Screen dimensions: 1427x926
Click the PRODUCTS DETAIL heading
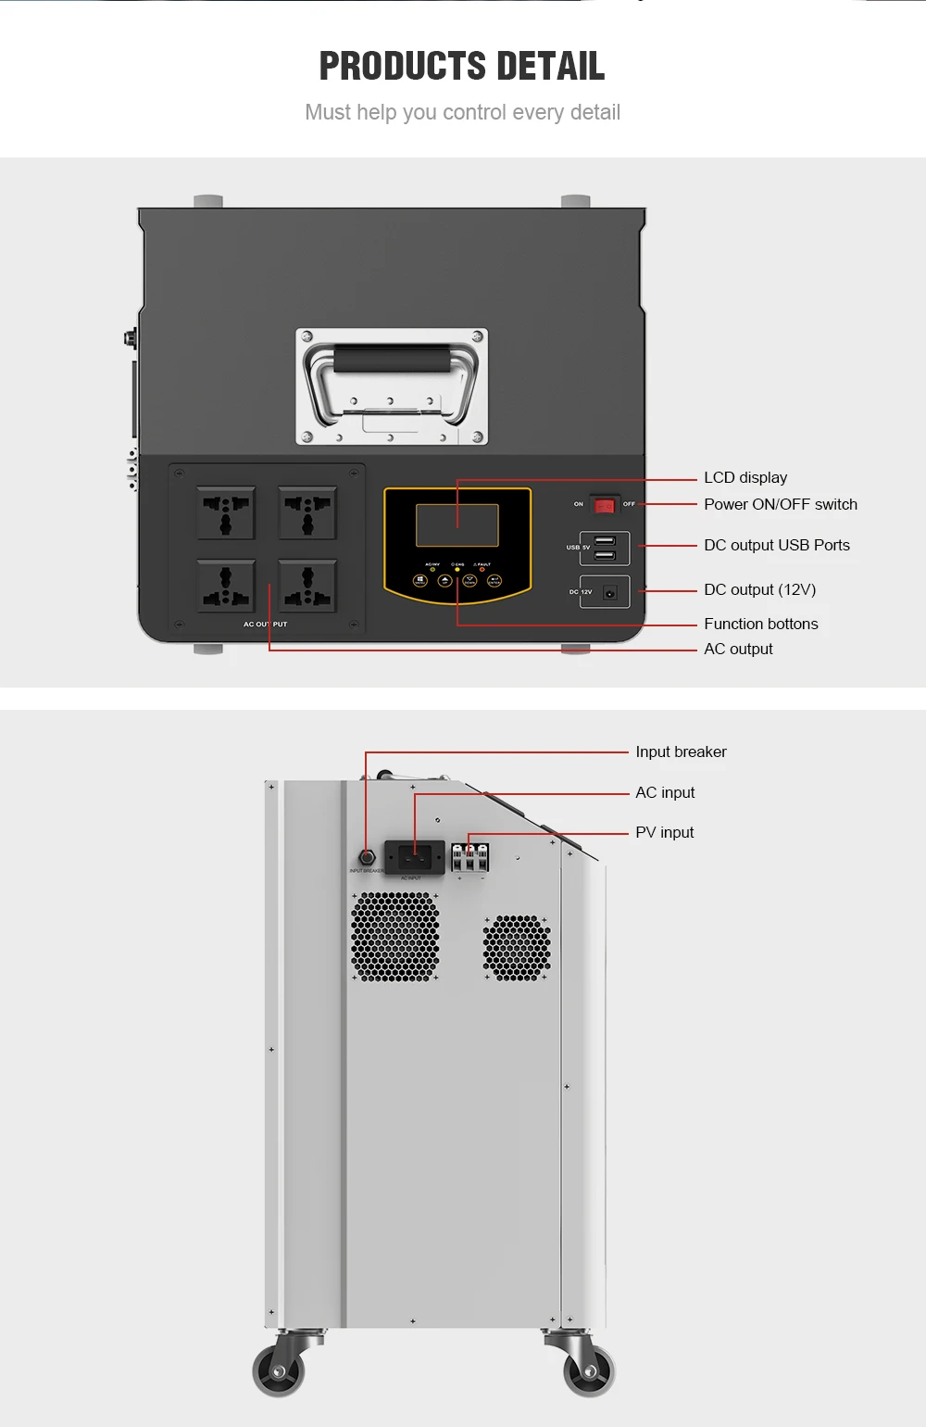click(462, 66)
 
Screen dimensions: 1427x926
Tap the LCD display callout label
click(745, 478)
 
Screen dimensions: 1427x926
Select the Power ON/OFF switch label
click(780, 505)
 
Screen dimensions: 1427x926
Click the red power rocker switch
click(604, 505)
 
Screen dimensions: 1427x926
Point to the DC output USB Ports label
click(776, 546)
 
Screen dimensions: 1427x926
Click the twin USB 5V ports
click(605, 549)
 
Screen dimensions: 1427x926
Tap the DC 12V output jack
click(609, 592)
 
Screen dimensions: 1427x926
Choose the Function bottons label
click(760, 625)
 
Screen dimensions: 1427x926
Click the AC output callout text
click(738, 650)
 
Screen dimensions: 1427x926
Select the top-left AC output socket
click(226, 512)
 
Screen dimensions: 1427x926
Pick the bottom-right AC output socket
click(307, 586)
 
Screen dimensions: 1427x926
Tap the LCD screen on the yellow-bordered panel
click(457, 525)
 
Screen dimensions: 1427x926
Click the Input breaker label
click(681, 752)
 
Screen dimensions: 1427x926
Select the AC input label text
click(665, 793)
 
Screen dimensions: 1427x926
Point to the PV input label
click(664, 833)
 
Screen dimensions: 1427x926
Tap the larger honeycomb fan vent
click(395, 937)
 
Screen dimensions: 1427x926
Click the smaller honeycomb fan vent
click(517, 948)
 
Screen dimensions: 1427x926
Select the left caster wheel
click(279, 1370)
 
